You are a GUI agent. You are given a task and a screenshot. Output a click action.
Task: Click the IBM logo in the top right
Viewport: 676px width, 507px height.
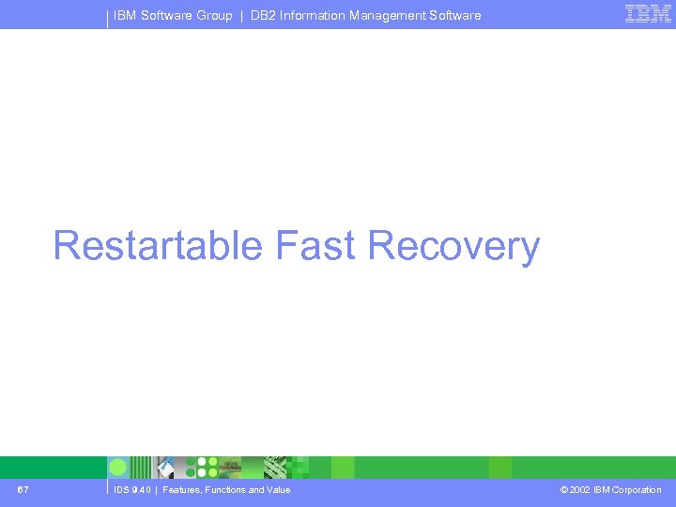click(x=648, y=13)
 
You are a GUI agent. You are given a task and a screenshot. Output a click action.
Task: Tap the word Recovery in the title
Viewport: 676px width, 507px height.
click(x=453, y=246)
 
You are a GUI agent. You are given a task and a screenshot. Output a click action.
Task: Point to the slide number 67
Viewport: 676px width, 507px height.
click(x=23, y=489)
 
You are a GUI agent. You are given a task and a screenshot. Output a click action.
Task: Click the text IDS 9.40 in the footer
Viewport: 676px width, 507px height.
click(x=132, y=489)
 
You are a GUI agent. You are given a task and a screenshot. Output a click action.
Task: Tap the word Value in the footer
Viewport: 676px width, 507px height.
click(x=279, y=489)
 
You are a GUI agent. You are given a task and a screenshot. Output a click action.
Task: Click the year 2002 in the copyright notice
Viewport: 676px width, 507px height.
click(x=580, y=489)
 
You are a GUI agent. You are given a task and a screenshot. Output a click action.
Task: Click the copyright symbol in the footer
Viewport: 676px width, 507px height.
click(x=563, y=489)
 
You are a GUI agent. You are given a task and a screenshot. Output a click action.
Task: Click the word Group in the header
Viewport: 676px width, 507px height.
click(x=214, y=15)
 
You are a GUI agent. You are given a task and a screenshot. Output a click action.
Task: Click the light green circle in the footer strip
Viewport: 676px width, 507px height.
click(x=118, y=467)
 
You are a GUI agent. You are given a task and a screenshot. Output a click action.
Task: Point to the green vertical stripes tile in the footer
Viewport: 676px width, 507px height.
click(x=141, y=467)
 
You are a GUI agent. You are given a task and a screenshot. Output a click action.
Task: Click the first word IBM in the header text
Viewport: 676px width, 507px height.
click(x=125, y=15)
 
